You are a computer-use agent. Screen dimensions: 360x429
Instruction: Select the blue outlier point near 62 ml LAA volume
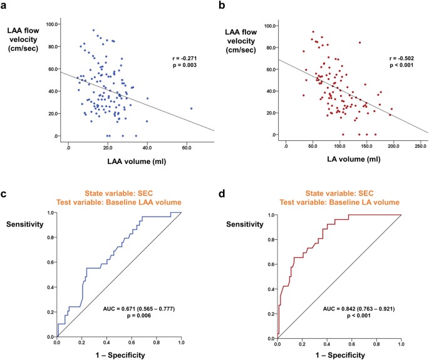191,108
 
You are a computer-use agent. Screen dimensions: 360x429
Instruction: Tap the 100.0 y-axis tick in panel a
51,24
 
